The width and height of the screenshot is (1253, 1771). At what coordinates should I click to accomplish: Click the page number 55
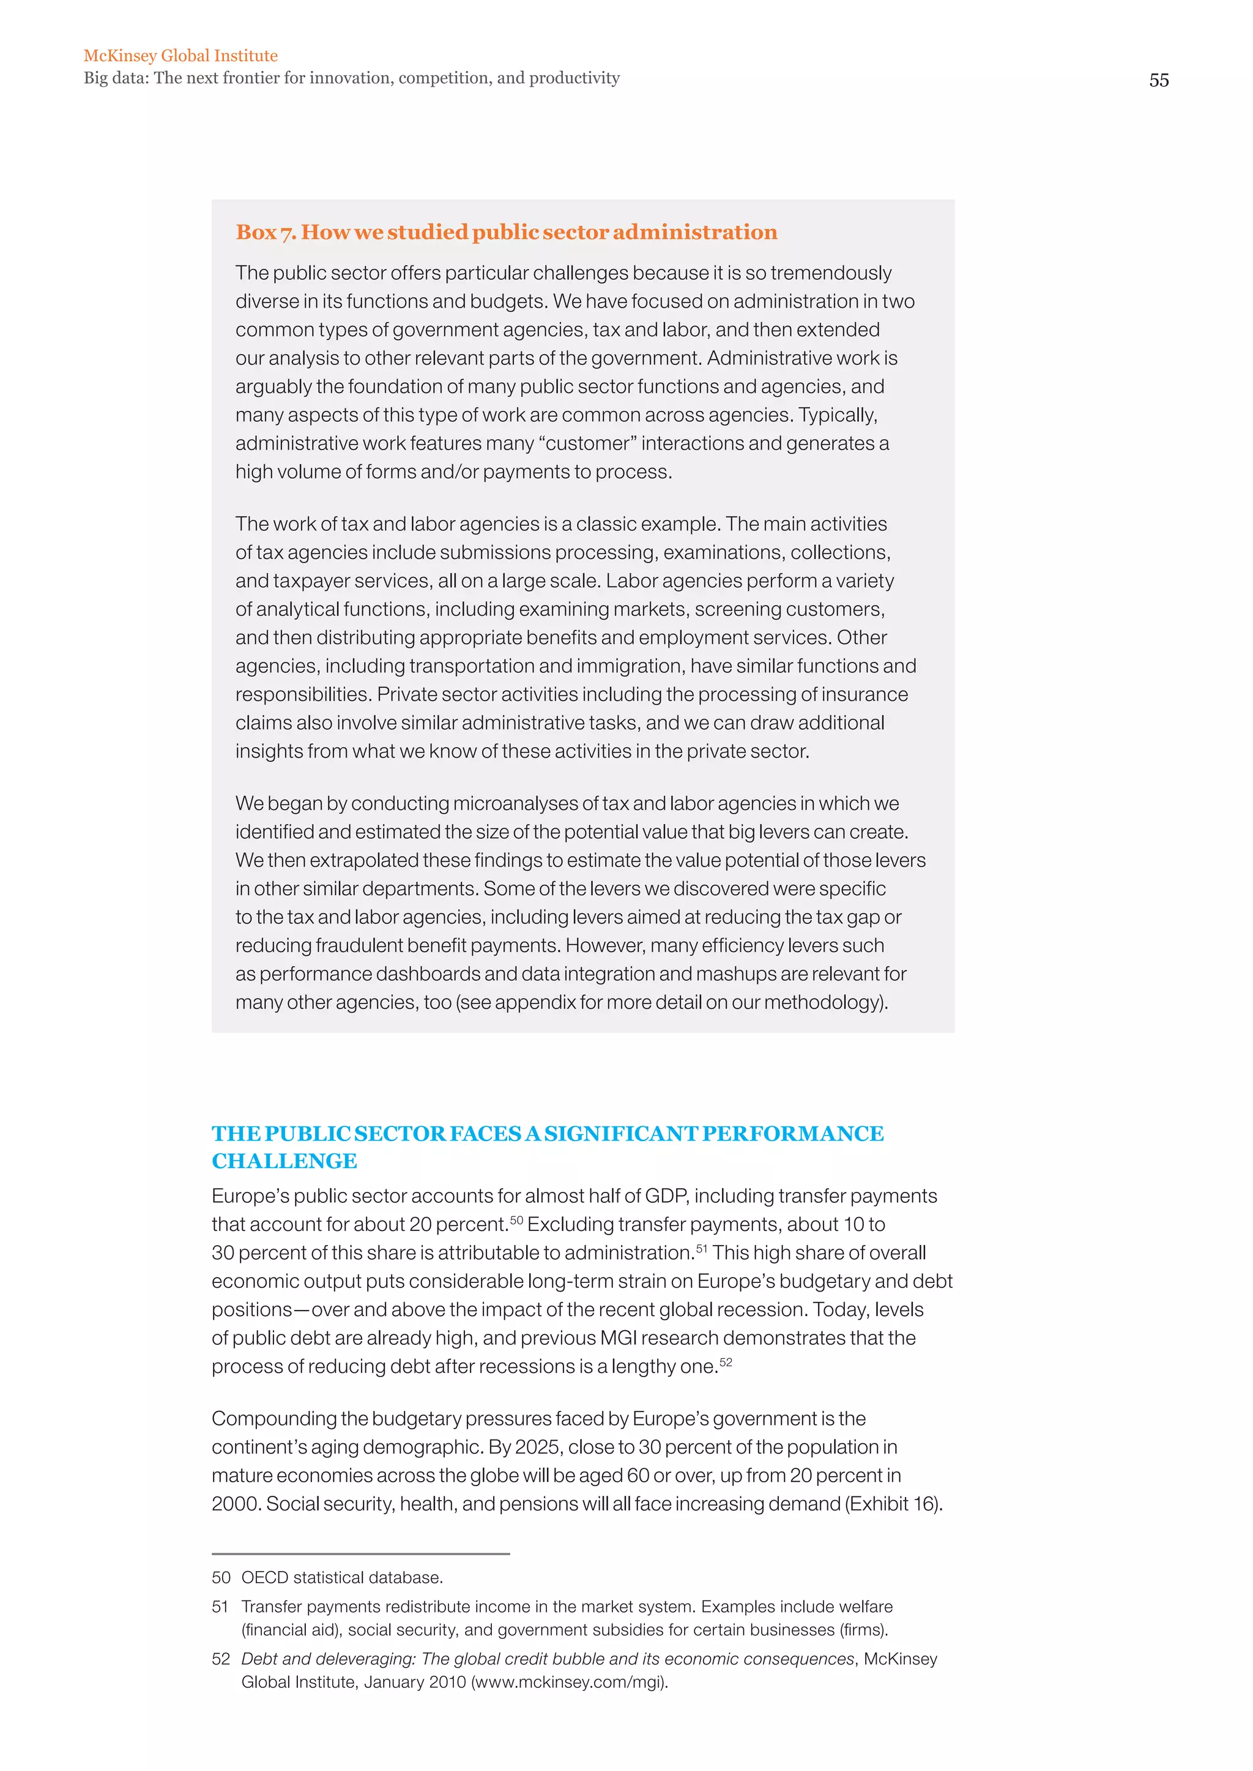pyautogui.click(x=1158, y=80)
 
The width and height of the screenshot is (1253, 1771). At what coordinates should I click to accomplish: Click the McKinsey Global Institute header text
pyautogui.click(x=180, y=56)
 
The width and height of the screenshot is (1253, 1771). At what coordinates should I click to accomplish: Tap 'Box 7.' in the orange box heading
pyautogui.click(x=266, y=232)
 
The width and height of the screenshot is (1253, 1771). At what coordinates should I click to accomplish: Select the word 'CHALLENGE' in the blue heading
pyautogui.click(x=284, y=1161)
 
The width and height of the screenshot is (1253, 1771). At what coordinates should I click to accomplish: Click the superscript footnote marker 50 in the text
pyautogui.click(x=516, y=1219)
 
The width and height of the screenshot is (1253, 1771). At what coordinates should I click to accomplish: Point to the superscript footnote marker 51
pyautogui.click(x=701, y=1248)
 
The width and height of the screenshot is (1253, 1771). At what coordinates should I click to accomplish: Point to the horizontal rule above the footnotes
pyautogui.click(x=360, y=1553)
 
